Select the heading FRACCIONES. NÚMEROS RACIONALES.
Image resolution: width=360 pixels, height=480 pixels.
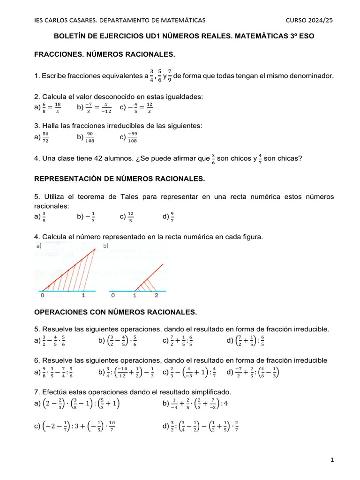click(105, 55)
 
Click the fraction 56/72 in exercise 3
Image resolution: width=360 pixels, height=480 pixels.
click(45, 137)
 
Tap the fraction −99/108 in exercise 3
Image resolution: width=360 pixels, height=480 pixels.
click(132, 137)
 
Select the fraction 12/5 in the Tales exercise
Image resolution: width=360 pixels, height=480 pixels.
click(131, 217)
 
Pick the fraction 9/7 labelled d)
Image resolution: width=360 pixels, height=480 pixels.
click(172, 217)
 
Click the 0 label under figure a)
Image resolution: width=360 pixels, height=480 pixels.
click(43, 296)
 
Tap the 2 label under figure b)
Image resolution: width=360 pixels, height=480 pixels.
click(156, 296)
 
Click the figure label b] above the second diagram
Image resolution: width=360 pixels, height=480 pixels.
click(105, 245)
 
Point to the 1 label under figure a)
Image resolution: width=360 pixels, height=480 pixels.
click(83, 296)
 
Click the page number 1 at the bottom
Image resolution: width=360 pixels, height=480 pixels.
click(332, 460)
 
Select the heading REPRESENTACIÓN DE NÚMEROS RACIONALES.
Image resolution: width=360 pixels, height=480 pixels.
click(120, 179)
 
